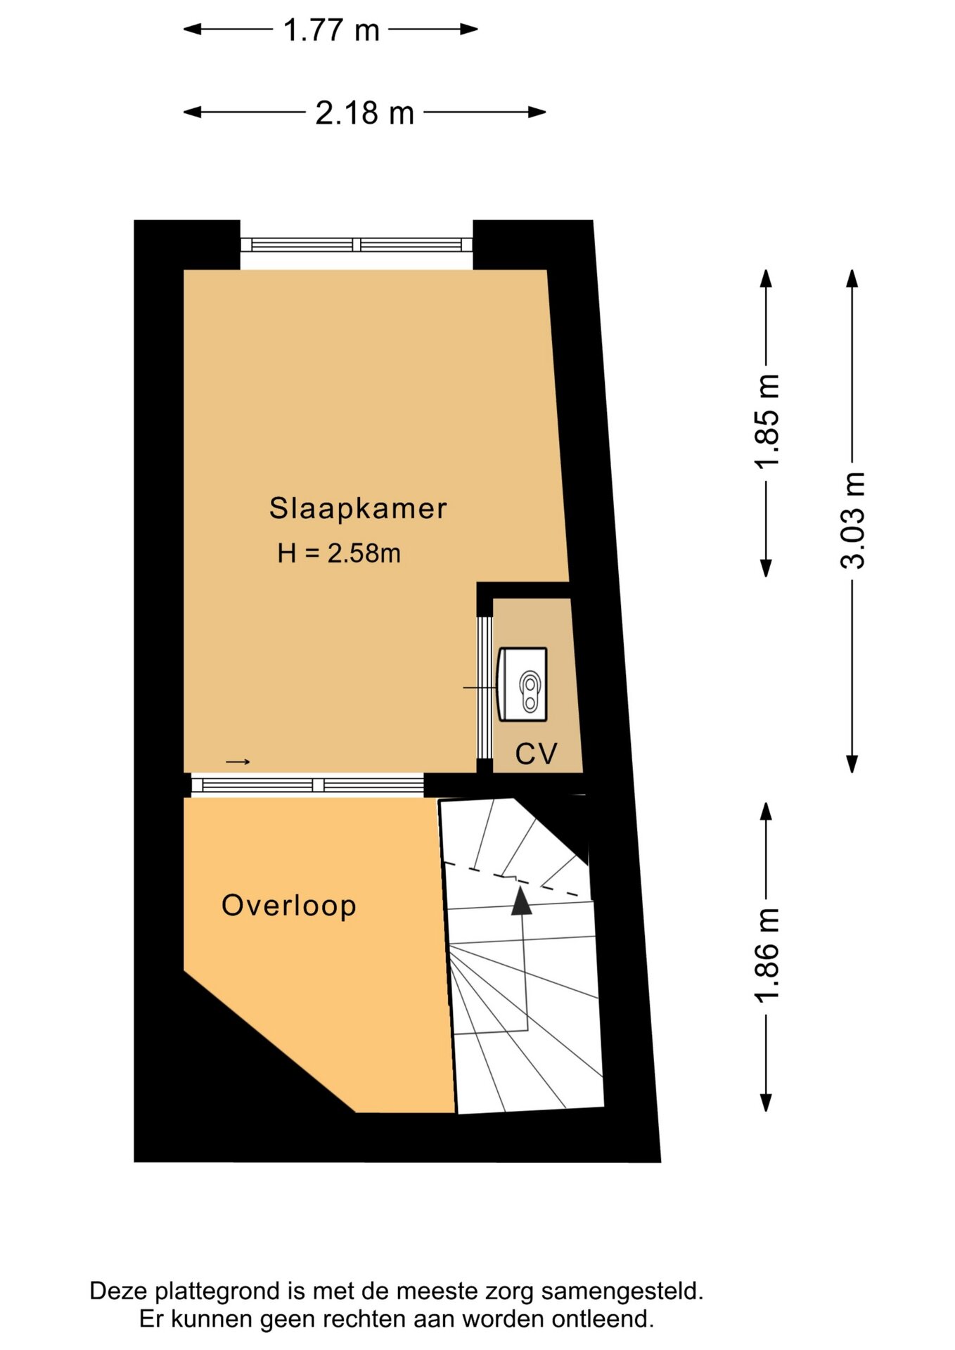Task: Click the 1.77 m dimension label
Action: click(331, 30)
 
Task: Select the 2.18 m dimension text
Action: click(364, 113)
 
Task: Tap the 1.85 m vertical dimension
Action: click(767, 420)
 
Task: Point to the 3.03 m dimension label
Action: click(852, 520)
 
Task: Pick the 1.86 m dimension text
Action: click(767, 955)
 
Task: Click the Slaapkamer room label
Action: click(358, 508)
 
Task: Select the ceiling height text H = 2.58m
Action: click(339, 553)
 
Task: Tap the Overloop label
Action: click(289, 906)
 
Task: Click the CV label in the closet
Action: click(537, 754)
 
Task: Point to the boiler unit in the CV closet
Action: click(523, 684)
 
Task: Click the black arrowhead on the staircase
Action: click(521, 901)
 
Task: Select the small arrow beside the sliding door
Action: click(238, 761)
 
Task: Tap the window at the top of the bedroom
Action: click(357, 245)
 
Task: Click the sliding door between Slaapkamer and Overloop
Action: click(307, 785)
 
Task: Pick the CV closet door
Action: click(485, 687)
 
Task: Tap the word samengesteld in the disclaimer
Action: click(622, 1292)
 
